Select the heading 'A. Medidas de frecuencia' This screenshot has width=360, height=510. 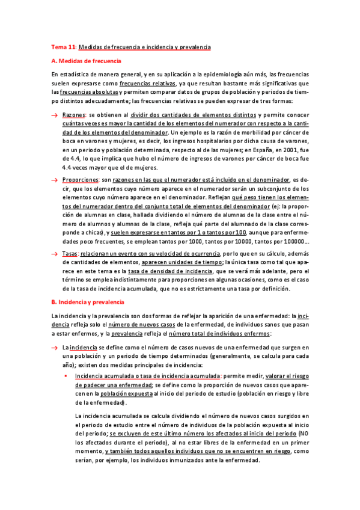point(87,61)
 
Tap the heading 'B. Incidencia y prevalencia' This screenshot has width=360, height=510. point(88,301)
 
